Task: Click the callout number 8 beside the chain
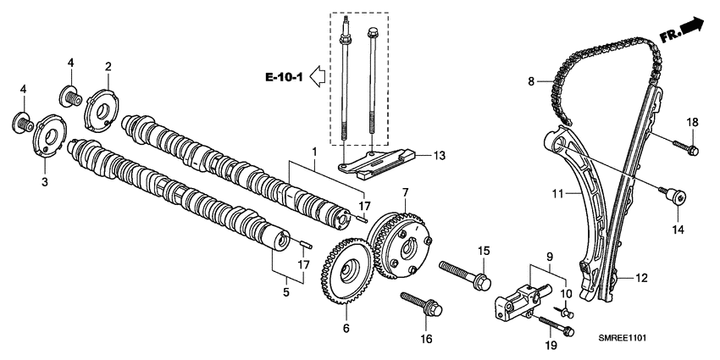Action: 532,82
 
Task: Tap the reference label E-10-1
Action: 284,78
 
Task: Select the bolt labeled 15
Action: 463,274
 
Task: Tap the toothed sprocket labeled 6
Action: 346,271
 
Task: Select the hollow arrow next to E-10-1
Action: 318,78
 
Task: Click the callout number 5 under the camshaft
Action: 285,292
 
